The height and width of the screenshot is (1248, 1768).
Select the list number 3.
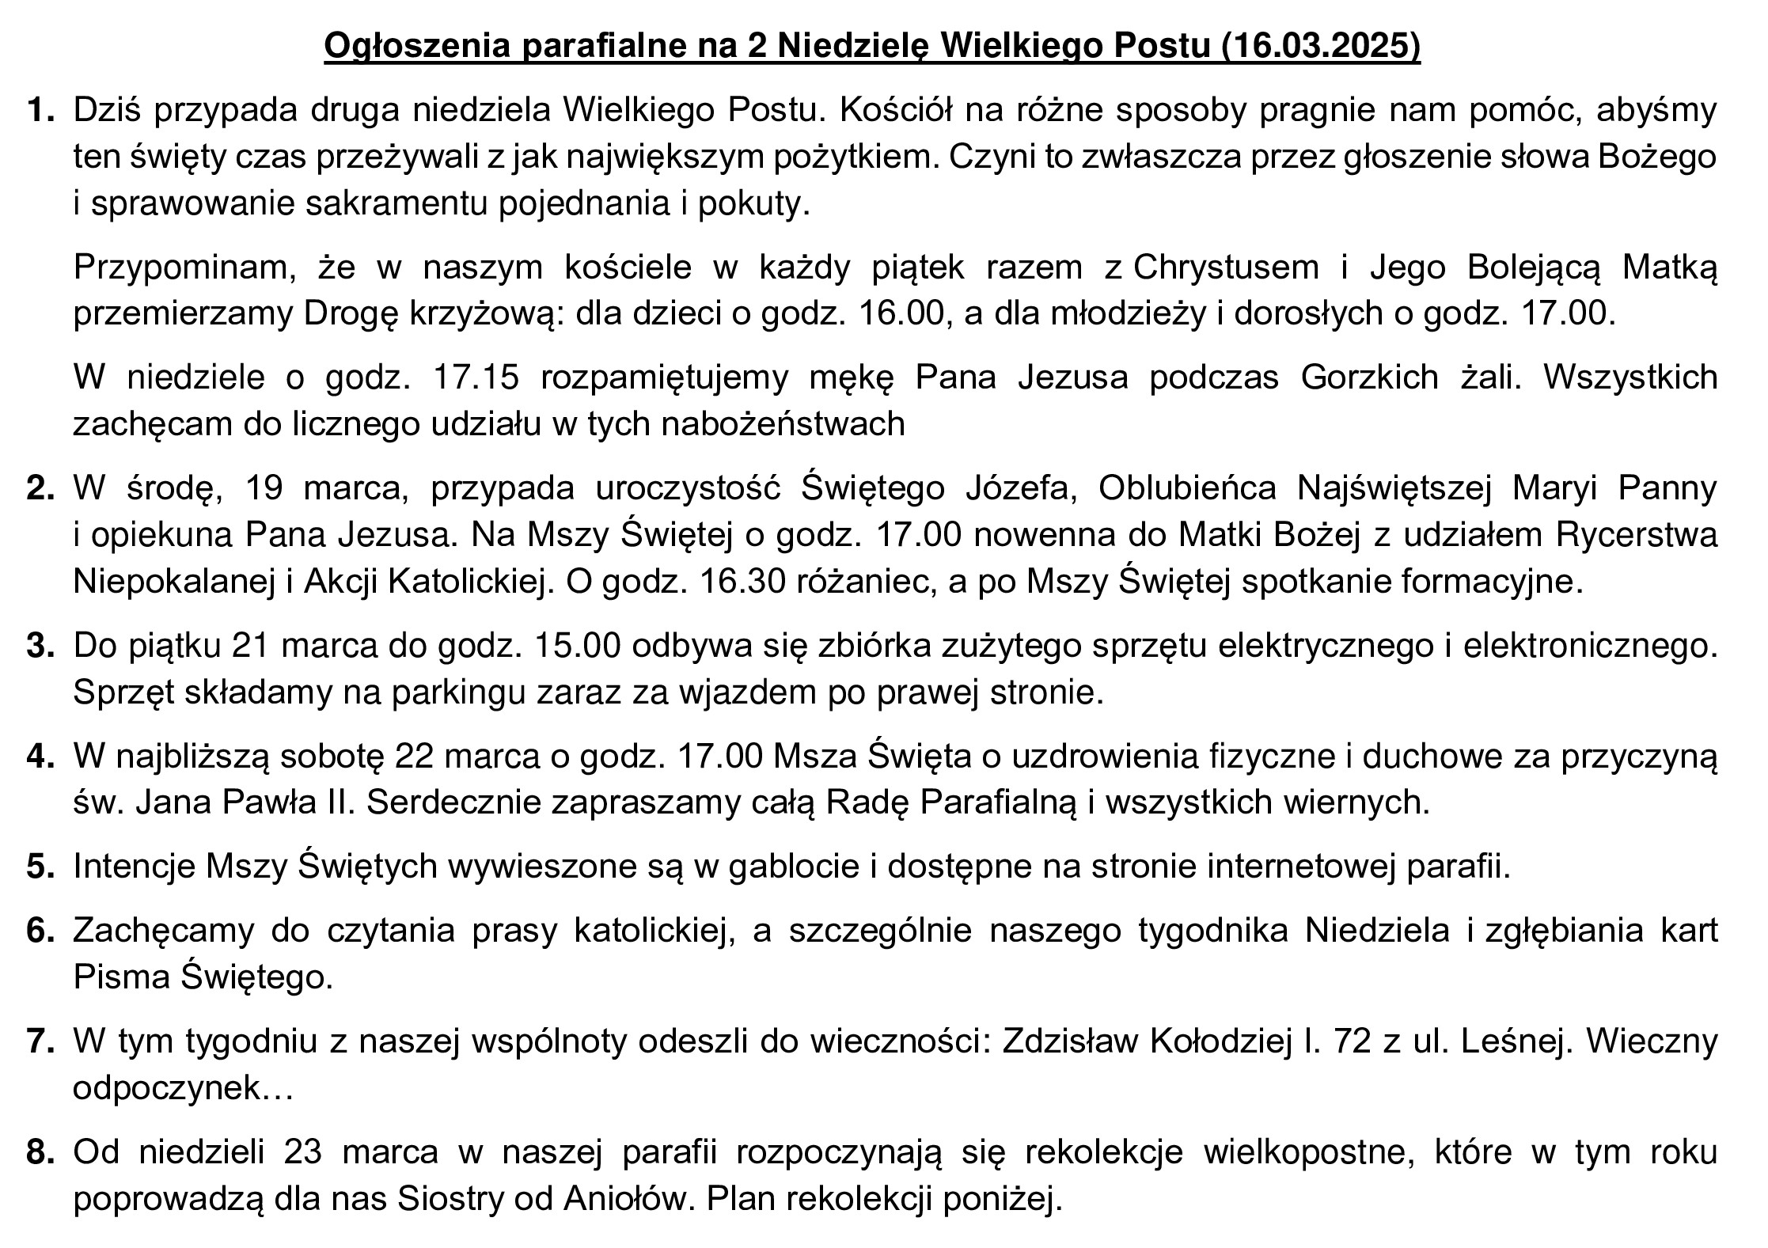pyautogui.click(x=40, y=646)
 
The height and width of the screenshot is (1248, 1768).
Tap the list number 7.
pyautogui.click(x=40, y=1041)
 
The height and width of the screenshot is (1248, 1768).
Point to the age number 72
pyautogui.click(x=1351, y=1041)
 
